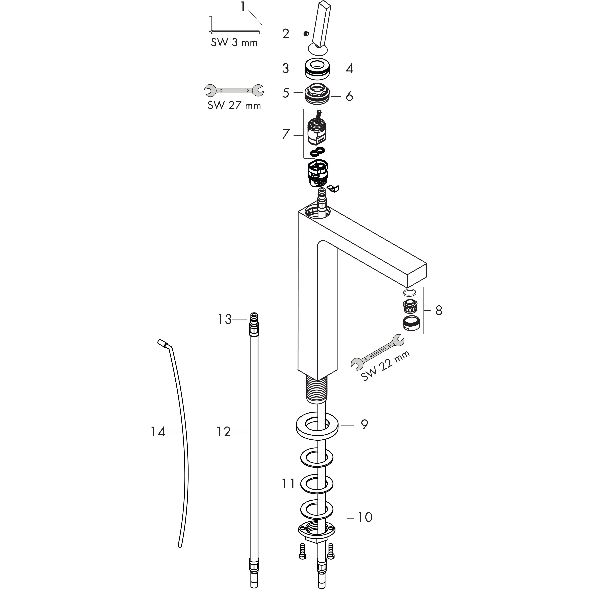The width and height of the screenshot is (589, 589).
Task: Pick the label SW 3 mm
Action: tap(234, 42)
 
